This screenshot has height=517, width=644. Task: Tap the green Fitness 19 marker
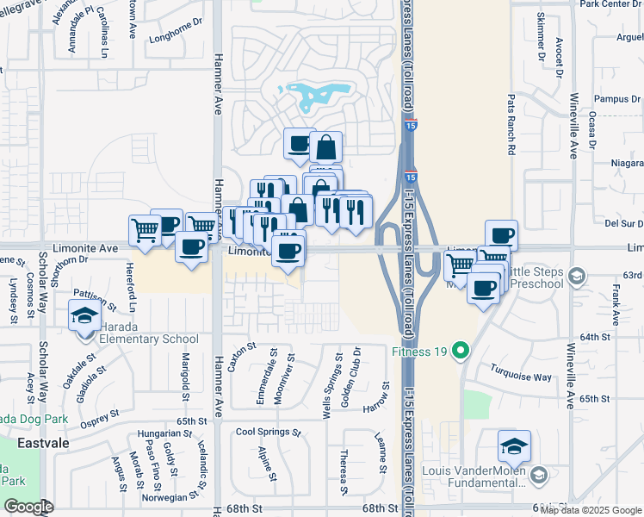(461, 351)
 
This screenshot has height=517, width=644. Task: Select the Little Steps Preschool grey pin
(577, 277)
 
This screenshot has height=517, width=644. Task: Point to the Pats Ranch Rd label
(511, 124)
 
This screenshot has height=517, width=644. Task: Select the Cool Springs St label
(268, 432)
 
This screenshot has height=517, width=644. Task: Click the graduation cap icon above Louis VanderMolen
(514, 446)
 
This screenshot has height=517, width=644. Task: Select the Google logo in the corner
(28, 507)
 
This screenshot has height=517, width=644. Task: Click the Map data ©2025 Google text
(591, 510)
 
